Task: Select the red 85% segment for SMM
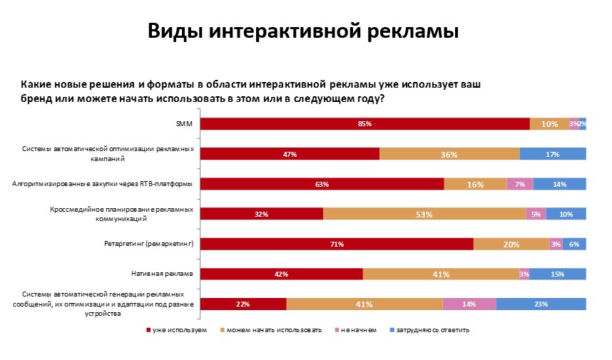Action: click(364, 124)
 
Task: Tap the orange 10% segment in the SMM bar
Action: click(549, 124)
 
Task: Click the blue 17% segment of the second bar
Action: click(553, 154)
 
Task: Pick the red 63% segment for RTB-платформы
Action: click(322, 184)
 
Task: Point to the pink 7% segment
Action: click(519, 184)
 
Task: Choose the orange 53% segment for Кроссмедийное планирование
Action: click(424, 214)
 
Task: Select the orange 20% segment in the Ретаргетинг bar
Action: click(511, 244)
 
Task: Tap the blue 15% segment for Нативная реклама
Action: click(558, 274)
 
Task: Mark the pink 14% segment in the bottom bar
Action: click(469, 304)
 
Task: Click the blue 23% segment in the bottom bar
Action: click(541, 304)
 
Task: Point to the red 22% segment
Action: click(243, 304)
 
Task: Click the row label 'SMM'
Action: click(185, 124)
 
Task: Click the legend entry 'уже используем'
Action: click(180, 330)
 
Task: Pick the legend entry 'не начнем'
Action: click(358, 330)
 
